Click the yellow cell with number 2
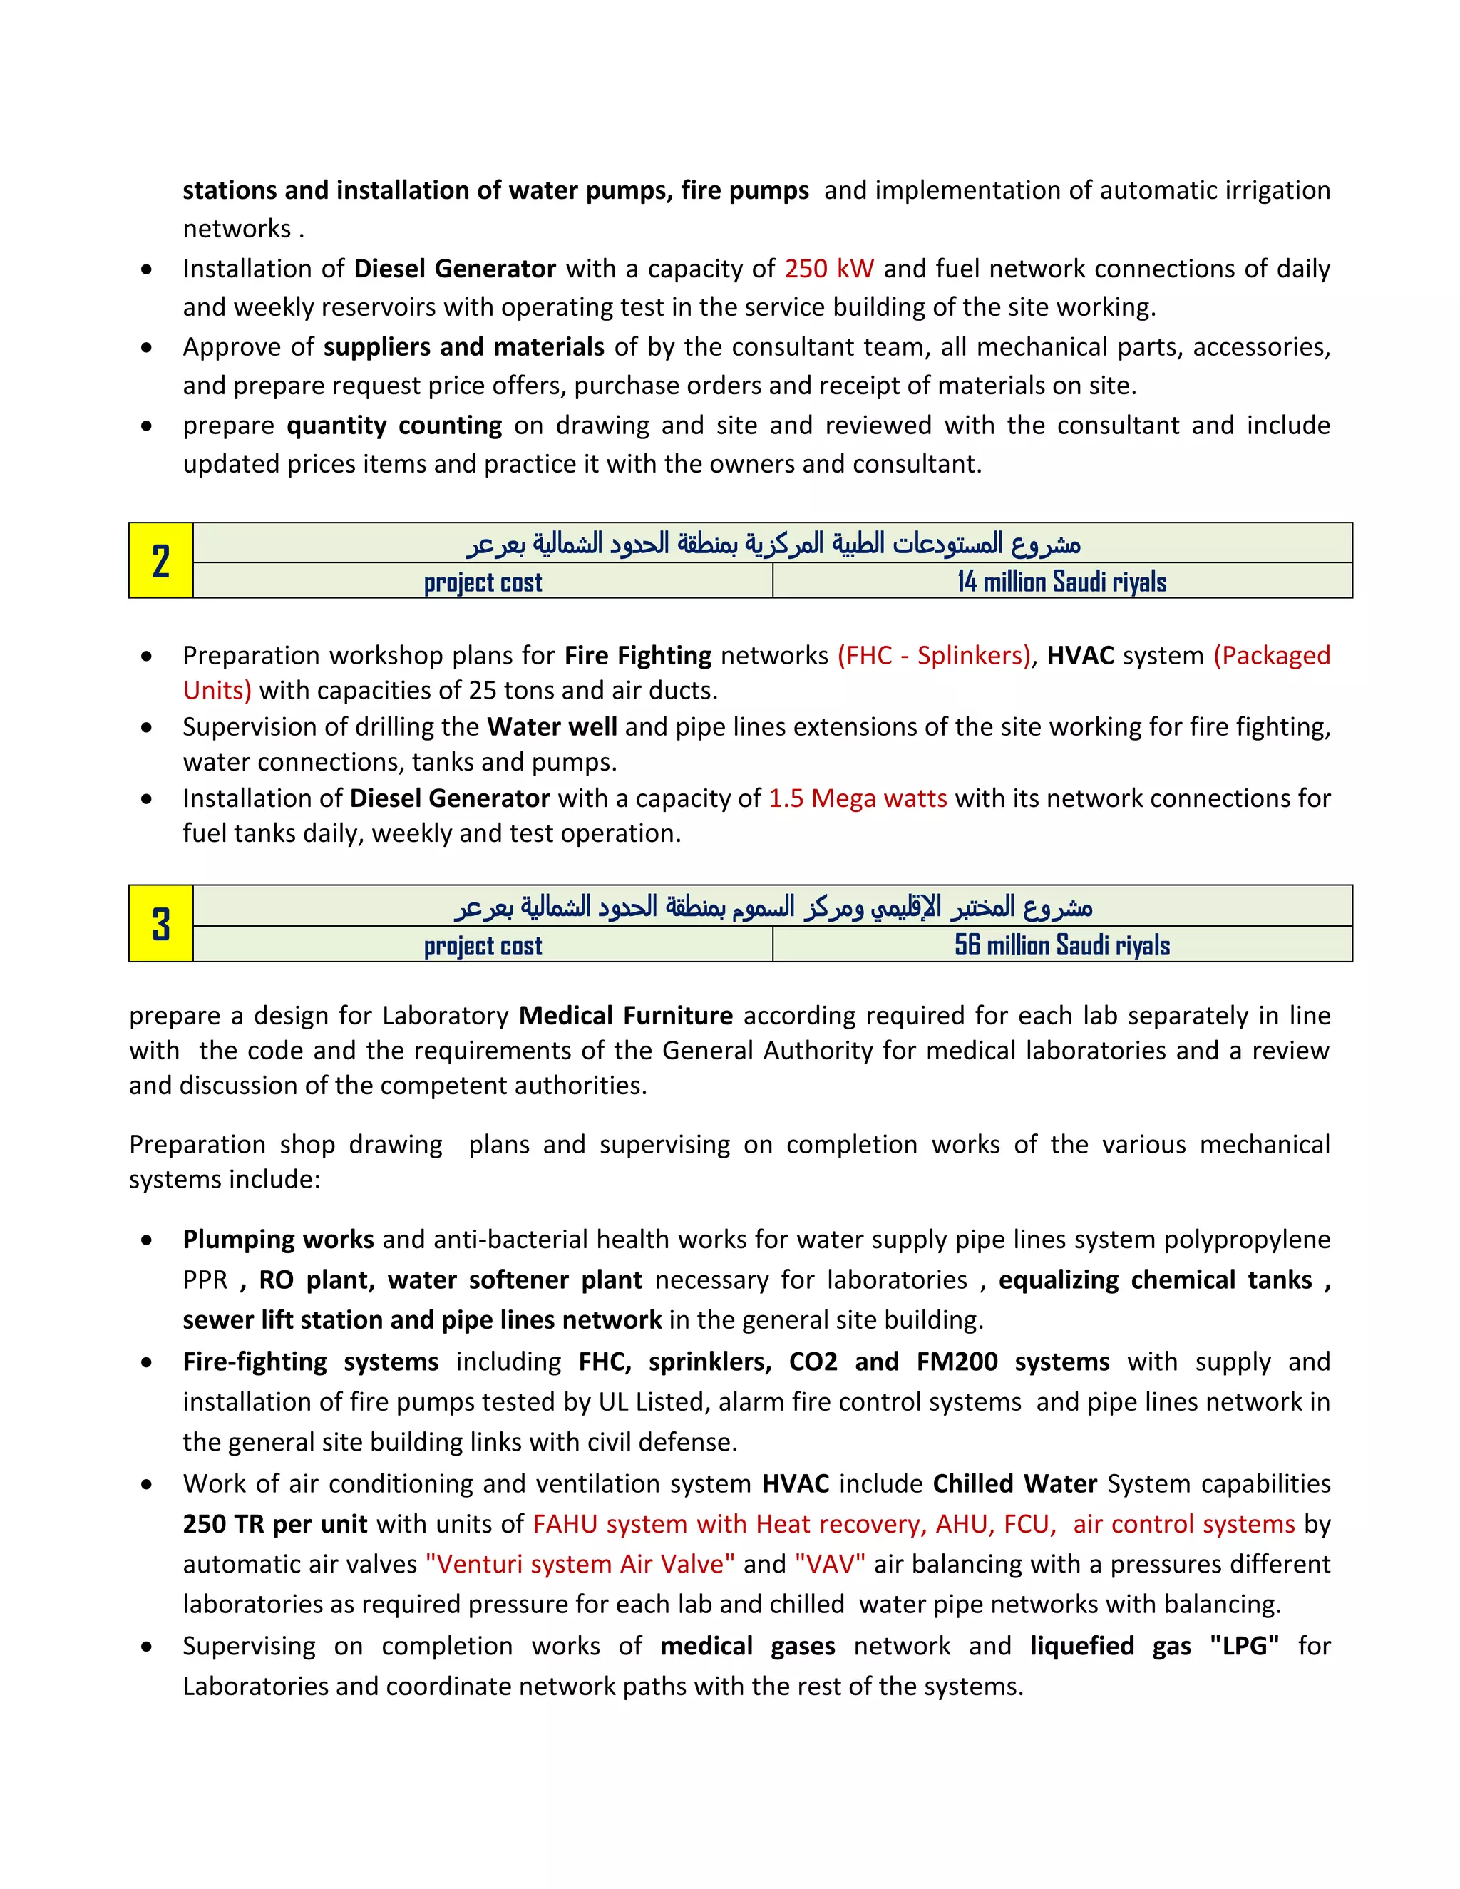tap(161, 560)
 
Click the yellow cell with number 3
tap(161, 923)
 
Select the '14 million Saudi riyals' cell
tap(1061, 581)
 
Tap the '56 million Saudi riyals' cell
tap(1061, 944)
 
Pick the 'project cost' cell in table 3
tap(483, 945)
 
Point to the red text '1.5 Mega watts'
tap(857, 798)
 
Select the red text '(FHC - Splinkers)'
tap(934, 656)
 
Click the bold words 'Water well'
tap(552, 726)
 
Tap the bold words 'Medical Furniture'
tap(625, 1015)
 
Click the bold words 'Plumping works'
tap(277, 1240)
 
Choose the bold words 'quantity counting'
tap(394, 426)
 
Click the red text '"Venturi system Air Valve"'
tap(580, 1564)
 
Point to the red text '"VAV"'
tap(830, 1564)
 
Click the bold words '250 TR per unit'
tap(274, 1523)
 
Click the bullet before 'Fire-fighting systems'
tap(147, 1362)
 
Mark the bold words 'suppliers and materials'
tap(463, 347)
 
